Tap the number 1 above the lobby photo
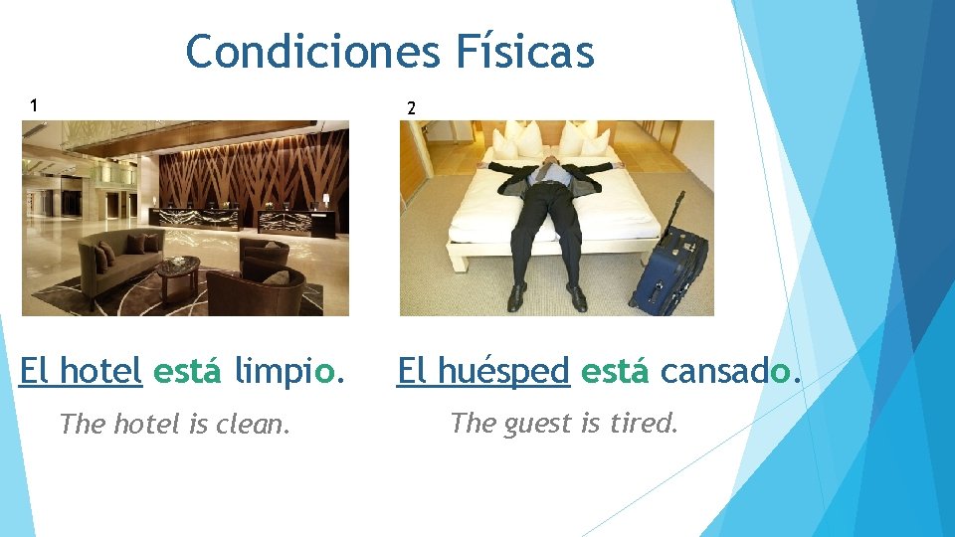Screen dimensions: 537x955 (34, 104)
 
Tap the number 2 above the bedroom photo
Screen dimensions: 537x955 (411, 108)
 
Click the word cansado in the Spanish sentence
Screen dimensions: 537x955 (729, 372)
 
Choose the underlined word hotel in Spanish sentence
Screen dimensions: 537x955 (100, 372)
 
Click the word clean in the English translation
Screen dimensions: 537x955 (257, 425)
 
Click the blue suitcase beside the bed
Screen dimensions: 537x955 (668, 268)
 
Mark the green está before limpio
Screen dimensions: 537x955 (187, 372)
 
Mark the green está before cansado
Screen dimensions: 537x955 (615, 372)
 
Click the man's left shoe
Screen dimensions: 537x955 (577, 295)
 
